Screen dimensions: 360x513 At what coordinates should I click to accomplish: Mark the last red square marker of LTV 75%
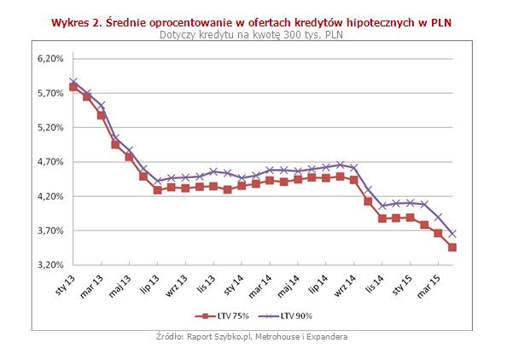click(452, 247)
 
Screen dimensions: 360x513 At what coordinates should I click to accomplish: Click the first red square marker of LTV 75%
click(73, 86)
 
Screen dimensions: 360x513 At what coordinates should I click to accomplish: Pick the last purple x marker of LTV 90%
click(452, 234)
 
